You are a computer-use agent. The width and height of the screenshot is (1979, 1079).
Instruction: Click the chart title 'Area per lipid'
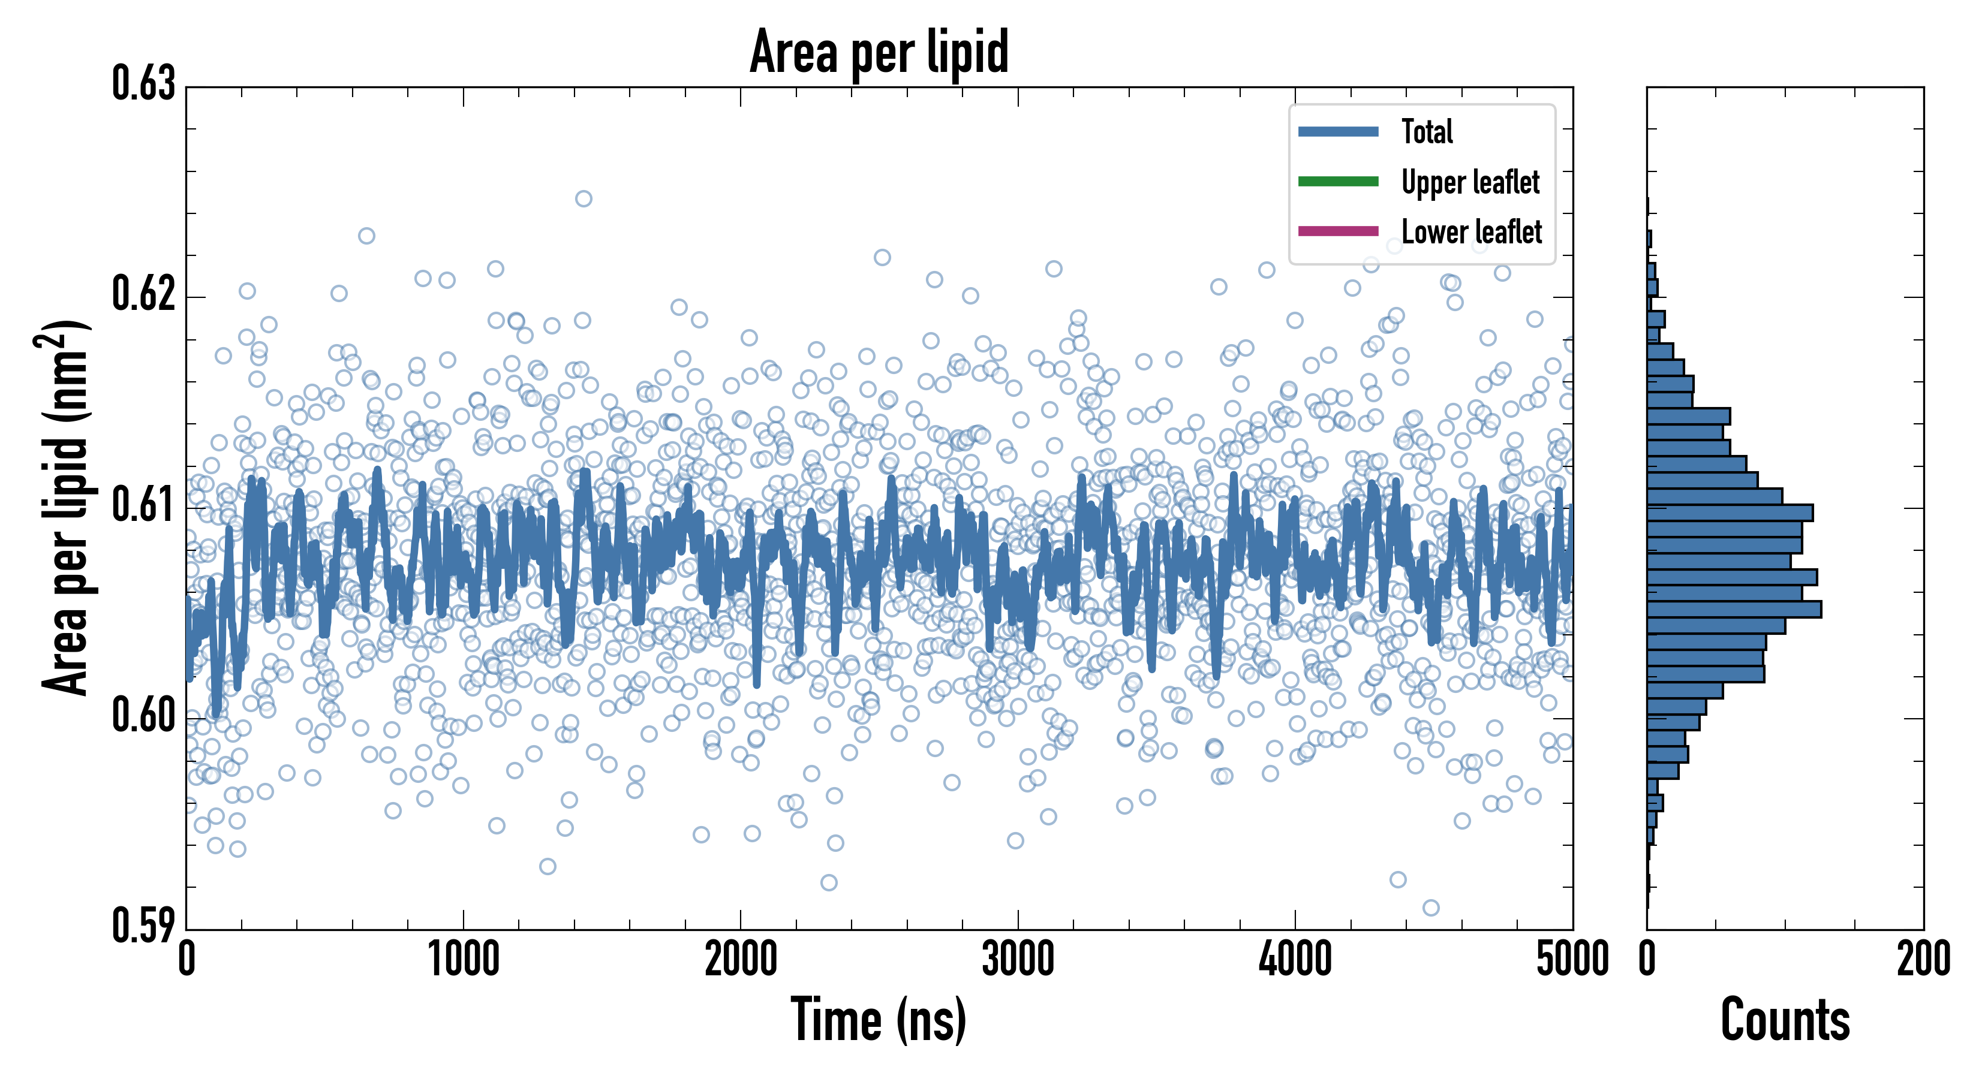tap(879, 52)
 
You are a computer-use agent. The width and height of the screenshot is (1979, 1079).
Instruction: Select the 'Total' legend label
tap(1427, 131)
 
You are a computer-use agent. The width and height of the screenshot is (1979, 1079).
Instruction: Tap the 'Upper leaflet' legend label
tap(1470, 182)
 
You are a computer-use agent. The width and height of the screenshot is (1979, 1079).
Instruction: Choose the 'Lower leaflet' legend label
tap(1471, 231)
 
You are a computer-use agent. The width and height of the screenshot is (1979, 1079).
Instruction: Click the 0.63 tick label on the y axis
tap(144, 84)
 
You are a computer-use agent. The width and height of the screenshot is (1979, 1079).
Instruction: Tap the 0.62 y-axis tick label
tap(144, 294)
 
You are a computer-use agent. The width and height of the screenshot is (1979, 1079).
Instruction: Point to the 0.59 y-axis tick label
tap(144, 926)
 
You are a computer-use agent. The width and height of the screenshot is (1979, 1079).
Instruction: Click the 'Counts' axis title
tap(1785, 1020)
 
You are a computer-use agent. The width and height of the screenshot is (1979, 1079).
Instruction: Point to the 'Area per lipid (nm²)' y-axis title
tap(65, 507)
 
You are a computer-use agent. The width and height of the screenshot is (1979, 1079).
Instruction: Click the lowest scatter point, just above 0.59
tap(1430, 908)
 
